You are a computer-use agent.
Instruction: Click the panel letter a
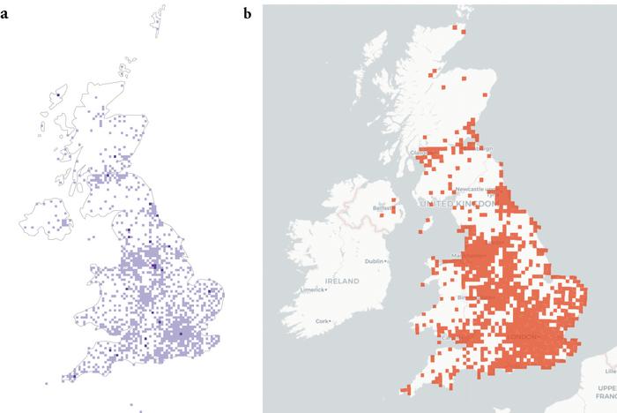[x=5, y=14]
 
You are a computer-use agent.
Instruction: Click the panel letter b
[x=249, y=13]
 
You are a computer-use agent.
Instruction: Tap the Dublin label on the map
[x=376, y=262]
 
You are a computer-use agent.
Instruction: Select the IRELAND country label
[x=341, y=281]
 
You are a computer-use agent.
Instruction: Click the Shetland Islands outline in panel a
[x=160, y=23]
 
